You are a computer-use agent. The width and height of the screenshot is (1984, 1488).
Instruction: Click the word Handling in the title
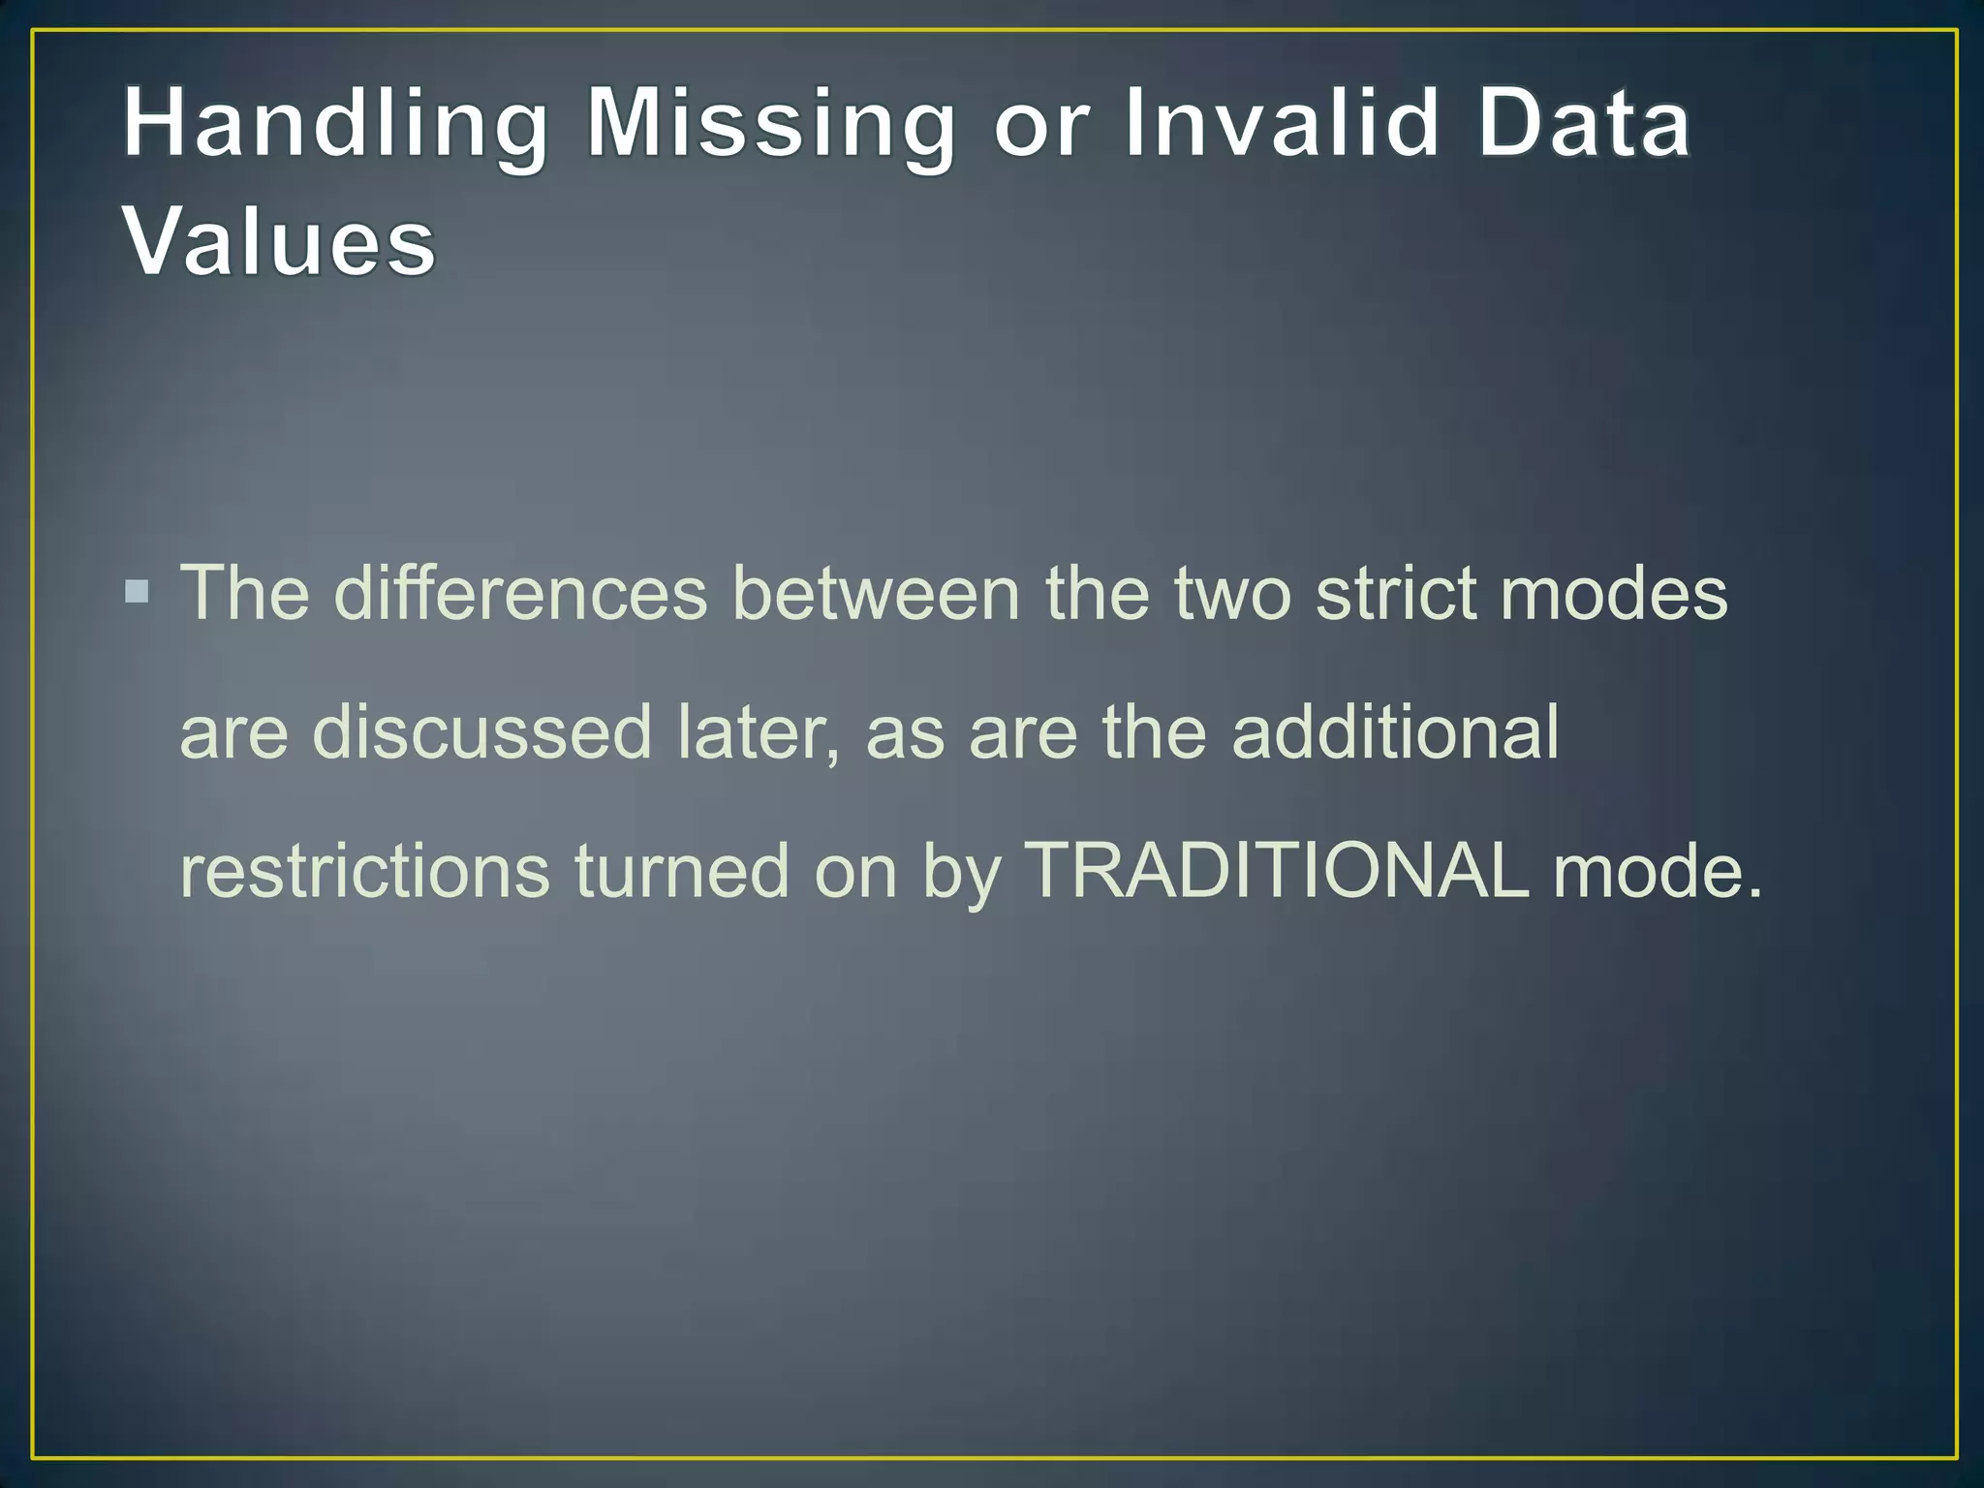coord(335,124)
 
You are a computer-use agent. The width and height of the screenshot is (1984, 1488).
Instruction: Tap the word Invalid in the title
coord(1280,124)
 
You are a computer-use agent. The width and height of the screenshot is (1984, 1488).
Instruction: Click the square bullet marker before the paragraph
coord(138,591)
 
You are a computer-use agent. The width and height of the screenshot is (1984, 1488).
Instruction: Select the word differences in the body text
coord(520,593)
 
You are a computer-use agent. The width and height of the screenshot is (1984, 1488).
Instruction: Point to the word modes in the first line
coord(1614,593)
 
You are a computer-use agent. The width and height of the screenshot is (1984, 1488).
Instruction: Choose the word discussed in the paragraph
coord(481,732)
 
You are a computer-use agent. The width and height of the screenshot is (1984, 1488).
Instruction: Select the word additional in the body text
coord(1395,732)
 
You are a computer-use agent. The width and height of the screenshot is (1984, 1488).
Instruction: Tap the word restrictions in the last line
coord(365,871)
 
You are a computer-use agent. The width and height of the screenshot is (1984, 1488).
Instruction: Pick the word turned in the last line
coord(682,871)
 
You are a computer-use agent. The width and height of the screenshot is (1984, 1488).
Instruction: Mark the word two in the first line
coord(1232,593)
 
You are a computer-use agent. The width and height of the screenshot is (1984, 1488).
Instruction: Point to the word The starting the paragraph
coord(245,593)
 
